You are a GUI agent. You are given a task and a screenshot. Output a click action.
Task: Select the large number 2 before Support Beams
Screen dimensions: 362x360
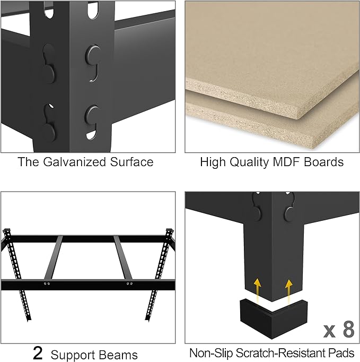click(38, 353)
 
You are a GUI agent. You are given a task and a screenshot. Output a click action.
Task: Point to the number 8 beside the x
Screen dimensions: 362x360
click(348, 330)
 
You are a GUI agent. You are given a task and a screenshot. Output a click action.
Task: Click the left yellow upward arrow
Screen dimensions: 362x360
click(258, 288)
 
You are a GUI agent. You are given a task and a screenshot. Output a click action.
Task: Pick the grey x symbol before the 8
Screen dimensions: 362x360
click(329, 331)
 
